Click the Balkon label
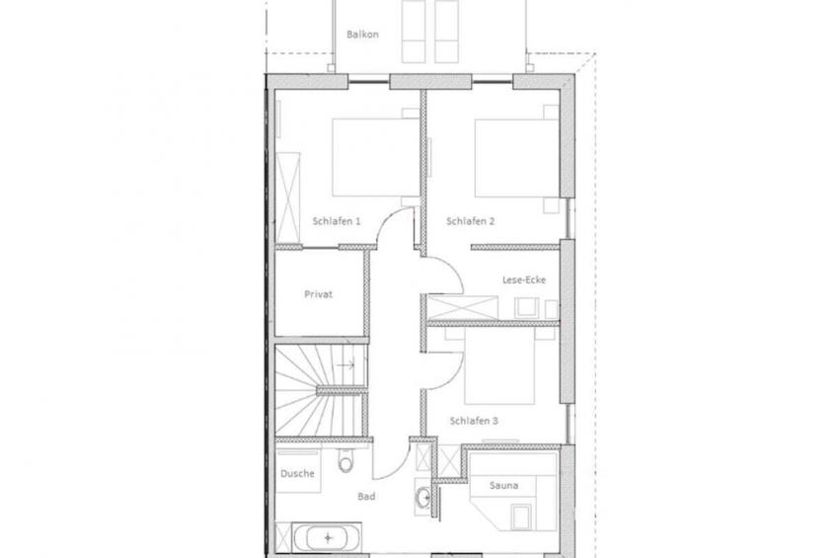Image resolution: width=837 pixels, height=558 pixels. (362, 35)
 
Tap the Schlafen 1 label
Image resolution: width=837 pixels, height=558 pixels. (337, 221)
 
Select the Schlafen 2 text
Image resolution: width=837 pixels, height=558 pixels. (470, 221)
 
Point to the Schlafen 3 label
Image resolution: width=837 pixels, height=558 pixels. (474, 421)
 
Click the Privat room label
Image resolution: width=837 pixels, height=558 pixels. (318, 294)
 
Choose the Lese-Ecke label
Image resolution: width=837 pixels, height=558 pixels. (524, 279)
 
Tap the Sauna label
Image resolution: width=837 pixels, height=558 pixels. (504, 485)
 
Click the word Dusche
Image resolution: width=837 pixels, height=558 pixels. (297, 474)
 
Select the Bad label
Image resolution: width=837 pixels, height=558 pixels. (366, 497)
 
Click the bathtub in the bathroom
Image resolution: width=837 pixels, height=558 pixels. (328, 536)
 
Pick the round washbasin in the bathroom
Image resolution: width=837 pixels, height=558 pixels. (423, 498)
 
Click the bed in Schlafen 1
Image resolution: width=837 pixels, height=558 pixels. (376, 157)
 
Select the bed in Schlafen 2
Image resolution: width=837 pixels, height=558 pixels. (517, 157)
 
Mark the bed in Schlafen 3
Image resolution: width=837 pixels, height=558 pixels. (499, 366)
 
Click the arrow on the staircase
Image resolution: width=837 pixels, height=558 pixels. (345, 365)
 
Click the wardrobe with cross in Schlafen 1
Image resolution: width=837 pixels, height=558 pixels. (288, 198)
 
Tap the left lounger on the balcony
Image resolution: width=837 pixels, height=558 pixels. (414, 31)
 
